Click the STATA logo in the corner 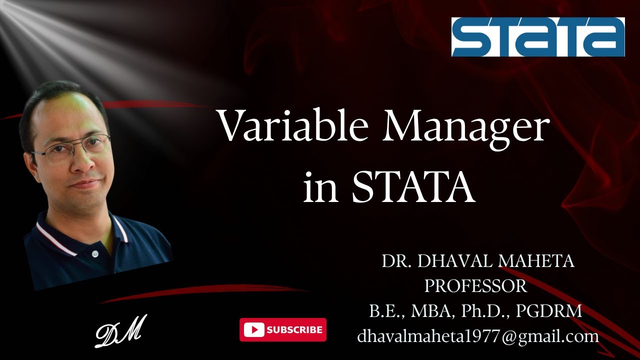coord(538,37)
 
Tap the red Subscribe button coord(283,330)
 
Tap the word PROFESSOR coord(475,286)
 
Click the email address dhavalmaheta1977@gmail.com coord(478,336)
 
